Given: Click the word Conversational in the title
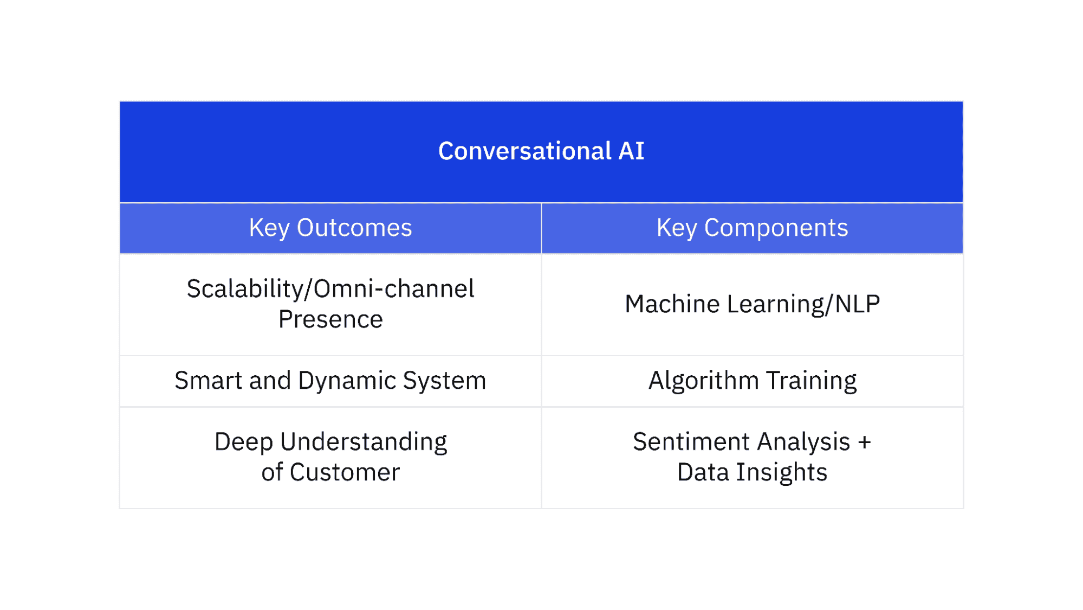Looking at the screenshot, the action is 525,151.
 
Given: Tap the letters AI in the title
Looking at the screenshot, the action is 632,151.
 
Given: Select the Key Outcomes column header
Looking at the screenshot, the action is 330,228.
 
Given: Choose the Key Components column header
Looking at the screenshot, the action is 753,228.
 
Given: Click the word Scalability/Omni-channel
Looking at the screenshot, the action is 330,288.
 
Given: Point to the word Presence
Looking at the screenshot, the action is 330,319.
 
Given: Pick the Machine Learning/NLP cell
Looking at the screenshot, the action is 753,304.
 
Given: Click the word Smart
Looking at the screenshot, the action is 209,381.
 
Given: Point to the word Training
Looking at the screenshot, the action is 812,381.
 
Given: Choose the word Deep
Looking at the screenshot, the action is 244,442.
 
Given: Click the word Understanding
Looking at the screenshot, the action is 364,442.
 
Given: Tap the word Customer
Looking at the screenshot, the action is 345,472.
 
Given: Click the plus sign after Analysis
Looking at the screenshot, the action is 865,442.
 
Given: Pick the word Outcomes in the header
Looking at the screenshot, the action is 354,228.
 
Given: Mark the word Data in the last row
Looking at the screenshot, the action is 703,472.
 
